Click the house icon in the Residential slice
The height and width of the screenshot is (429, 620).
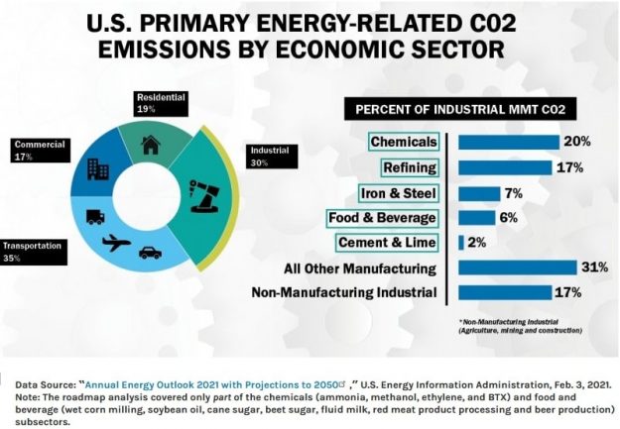[x=152, y=146]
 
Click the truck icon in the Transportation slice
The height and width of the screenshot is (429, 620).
[x=93, y=216]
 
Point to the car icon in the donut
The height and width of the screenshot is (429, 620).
[x=151, y=254]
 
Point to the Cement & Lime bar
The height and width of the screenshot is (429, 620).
[x=461, y=243]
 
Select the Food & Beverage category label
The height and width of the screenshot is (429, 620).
[x=381, y=217]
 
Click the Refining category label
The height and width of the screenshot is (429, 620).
[x=410, y=166]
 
